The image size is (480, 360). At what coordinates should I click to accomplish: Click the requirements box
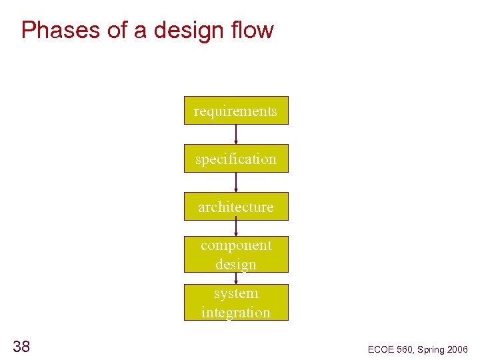[x=236, y=111]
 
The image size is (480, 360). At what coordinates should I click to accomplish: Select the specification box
[x=236, y=159]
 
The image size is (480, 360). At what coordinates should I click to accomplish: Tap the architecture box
[x=236, y=207]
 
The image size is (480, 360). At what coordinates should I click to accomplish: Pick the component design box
[x=236, y=255]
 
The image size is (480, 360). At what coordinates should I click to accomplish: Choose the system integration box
[x=236, y=303]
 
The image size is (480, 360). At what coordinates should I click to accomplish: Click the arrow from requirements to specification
[x=236, y=134]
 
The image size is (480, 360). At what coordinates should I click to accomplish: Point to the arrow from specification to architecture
[x=236, y=182]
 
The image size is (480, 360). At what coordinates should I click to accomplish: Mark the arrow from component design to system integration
[x=236, y=279]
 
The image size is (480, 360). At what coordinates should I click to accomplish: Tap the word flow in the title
[x=254, y=30]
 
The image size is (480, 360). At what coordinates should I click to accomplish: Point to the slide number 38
[x=21, y=346]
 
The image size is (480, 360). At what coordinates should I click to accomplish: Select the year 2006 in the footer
[x=457, y=349]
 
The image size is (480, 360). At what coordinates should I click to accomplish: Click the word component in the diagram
[x=236, y=245]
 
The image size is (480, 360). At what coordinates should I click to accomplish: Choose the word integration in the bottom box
[x=236, y=312]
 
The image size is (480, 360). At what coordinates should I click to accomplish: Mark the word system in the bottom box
[x=236, y=293]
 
